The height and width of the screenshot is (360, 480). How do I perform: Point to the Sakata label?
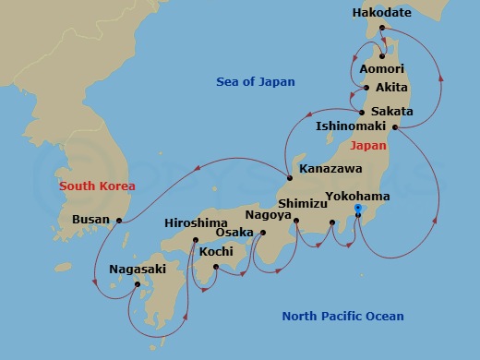(391, 112)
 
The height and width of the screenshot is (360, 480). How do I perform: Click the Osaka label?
(234, 232)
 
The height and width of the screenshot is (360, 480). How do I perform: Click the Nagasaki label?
(138, 270)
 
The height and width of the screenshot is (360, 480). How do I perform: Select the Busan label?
(90, 220)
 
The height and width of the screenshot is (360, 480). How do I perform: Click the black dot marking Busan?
(119, 220)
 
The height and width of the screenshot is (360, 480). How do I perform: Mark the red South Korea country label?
(97, 186)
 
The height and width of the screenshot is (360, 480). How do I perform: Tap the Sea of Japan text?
(256, 82)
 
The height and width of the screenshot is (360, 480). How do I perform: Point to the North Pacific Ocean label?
(342, 317)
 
